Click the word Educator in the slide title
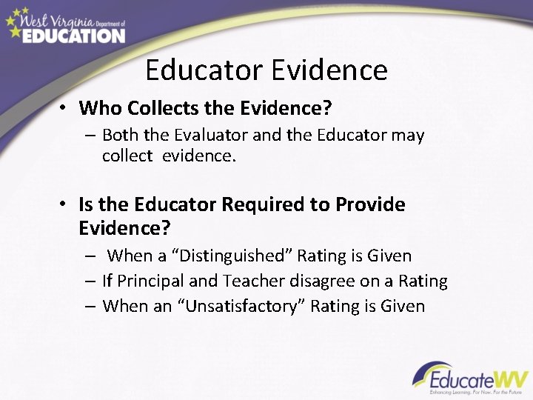click(204, 70)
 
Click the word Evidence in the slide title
click(329, 70)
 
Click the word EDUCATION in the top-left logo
click(73, 35)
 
